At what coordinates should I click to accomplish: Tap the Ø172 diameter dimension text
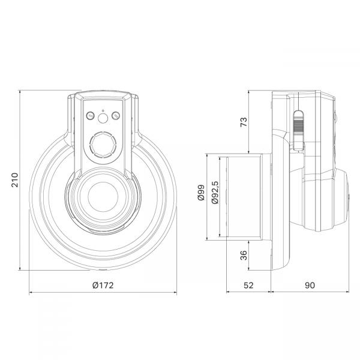point(103,286)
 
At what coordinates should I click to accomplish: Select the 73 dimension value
point(244,122)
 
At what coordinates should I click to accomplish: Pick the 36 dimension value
point(244,255)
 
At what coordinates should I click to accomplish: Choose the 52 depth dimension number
point(249,286)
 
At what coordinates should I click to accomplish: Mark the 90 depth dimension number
point(310,286)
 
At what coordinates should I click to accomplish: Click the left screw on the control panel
point(90,116)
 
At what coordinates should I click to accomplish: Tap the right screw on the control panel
point(116,116)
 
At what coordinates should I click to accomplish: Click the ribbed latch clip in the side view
point(297,129)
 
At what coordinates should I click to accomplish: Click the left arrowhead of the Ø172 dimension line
point(31,293)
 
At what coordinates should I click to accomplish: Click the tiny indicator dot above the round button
point(103,110)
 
